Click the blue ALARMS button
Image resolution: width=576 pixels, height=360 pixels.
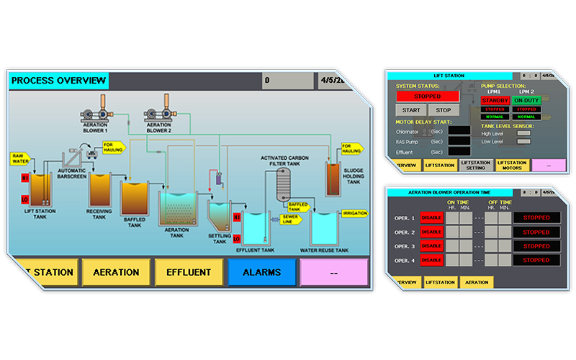coord(261,273)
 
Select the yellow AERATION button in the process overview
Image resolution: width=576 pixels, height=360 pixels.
coord(116,273)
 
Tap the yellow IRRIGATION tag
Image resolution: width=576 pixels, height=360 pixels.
coord(354,214)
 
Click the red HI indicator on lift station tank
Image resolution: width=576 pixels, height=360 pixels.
coord(24,177)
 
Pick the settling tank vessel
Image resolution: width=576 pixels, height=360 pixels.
coord(218,215)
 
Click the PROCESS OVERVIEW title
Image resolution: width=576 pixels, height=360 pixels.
coord(58,81)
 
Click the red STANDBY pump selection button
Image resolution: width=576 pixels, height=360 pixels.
coord(495,100)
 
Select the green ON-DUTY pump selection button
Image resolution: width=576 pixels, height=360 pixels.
coord(527,100)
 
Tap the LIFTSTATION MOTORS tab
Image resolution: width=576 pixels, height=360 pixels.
coord(512,165)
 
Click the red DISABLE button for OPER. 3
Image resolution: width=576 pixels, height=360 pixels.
coord(431,246)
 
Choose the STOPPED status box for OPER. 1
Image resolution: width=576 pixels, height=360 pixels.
coord(536,218)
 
